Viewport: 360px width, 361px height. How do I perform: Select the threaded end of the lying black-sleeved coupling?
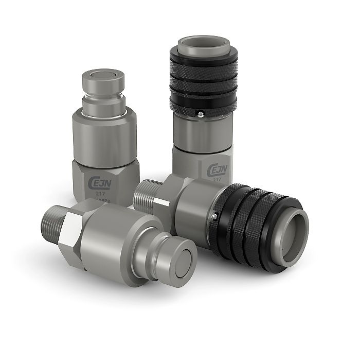click(x=146, y=192)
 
